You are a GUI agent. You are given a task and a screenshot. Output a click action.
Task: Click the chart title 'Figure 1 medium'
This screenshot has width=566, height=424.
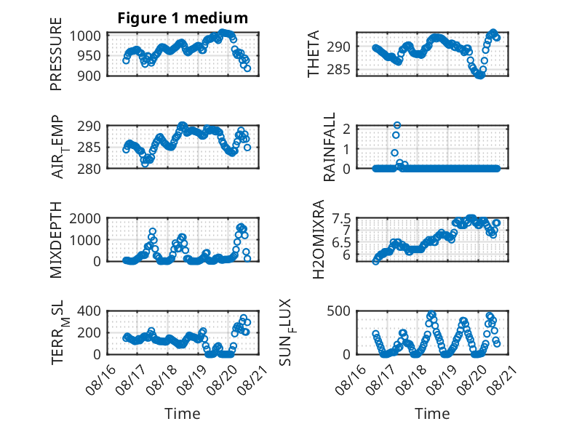[x=183, y=18]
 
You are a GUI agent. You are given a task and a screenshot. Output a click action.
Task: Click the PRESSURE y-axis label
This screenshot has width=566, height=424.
[x=56, y=54]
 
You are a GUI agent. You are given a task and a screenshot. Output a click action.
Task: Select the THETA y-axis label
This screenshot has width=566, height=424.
[x=314, y=54]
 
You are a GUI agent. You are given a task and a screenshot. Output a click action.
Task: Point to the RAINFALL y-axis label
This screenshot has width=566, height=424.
[x=330, y=147]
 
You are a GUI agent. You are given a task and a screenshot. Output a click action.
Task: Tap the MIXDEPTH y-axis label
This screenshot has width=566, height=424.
[x=56, y=240]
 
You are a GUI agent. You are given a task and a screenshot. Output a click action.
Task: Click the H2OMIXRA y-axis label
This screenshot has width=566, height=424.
[x=318, y=239]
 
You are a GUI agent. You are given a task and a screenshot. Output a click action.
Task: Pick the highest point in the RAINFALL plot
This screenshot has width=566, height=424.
[x=397, y=125]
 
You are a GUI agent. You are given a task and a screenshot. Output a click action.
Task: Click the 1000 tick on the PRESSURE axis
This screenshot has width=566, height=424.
[x=85, y=36]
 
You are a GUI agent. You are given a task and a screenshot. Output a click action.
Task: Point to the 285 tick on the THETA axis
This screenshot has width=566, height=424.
[x=338, y=69]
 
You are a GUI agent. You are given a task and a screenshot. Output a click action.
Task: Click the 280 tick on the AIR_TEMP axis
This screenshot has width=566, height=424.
[x=89, y=169]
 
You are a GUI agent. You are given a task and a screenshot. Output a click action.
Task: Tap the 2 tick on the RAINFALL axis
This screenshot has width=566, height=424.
[x=346, y=129]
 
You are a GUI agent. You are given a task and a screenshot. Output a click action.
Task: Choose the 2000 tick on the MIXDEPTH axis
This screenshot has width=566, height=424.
[x=85, y=218]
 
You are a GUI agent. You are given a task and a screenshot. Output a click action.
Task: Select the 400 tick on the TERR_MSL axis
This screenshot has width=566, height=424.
[x=89, y=311]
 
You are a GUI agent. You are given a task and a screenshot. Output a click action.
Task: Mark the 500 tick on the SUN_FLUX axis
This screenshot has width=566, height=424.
[x=338, y=311]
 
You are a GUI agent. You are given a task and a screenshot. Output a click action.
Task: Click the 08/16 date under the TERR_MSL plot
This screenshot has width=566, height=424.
[x=101, y=380]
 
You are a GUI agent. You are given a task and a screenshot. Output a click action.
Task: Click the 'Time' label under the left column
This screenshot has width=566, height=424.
[x=183, y=413]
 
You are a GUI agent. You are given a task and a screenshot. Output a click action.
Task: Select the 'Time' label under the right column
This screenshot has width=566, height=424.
[x=432, y=413]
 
